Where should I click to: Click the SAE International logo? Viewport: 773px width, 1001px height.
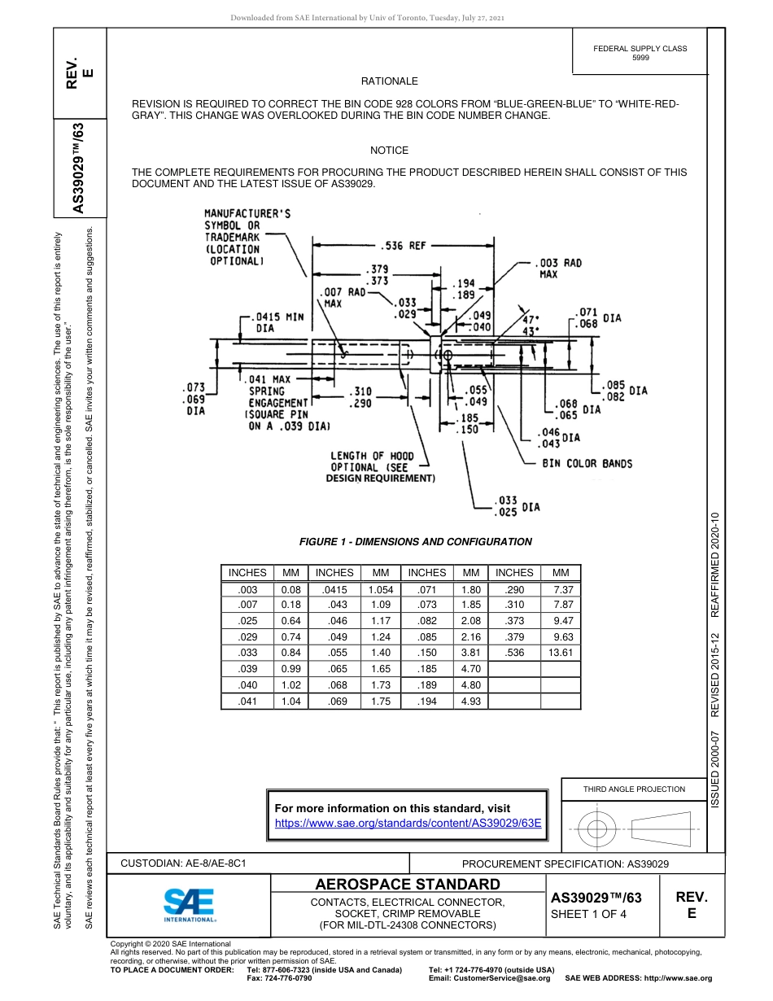coord(189,904)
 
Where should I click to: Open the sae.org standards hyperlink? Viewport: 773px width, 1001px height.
coord(408,823)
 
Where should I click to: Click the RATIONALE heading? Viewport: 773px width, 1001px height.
coord(389,81)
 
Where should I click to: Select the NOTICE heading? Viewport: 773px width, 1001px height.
coord(389,151)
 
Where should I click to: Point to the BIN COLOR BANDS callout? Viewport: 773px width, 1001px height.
coord(587,464)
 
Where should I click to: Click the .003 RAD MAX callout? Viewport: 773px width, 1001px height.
coord(559,269)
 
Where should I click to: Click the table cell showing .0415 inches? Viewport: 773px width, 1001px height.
coord(334,589)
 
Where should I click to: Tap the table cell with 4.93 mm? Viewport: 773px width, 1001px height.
coord(470,701)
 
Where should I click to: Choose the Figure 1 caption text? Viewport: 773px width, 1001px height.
coord(415,542)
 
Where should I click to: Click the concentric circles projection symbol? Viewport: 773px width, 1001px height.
coord(598,830)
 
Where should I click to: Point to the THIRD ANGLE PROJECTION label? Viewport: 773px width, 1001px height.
coord(634,789)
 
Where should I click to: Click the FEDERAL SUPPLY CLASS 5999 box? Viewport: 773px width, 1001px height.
coord(640,53)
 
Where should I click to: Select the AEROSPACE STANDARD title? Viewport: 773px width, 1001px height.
coord(407,885)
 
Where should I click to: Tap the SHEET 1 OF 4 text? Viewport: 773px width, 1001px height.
coord(588,914)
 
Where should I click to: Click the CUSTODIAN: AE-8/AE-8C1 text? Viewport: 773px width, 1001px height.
coord(183,863)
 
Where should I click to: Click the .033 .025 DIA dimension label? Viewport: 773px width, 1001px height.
coord(517,505)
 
